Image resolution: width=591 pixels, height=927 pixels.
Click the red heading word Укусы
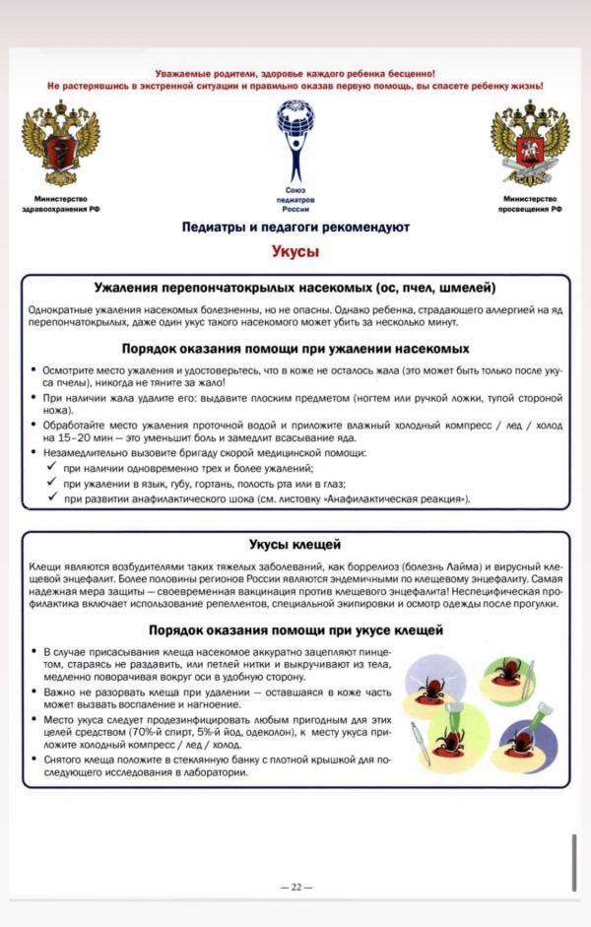click(295, 251)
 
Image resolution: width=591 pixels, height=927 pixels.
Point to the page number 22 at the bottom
click(295, 887)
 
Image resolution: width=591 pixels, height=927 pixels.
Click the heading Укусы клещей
click(295, 545)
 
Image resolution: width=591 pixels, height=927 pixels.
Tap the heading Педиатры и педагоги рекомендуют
click(295, 228)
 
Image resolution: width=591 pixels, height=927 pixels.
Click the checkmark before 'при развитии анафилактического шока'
click(51, 499)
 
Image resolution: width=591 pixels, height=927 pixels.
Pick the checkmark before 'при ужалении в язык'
click(51, 484)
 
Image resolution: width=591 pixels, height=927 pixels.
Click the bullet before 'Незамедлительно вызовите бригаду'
click(33, 452)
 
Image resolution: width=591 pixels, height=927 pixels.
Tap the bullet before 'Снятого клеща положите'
click(33, 760)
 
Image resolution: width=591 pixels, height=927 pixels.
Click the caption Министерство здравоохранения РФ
click(60, 204)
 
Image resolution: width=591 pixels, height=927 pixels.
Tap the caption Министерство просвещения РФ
click(529, 204)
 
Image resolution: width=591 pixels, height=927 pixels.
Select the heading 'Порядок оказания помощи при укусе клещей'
click(295, 603)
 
